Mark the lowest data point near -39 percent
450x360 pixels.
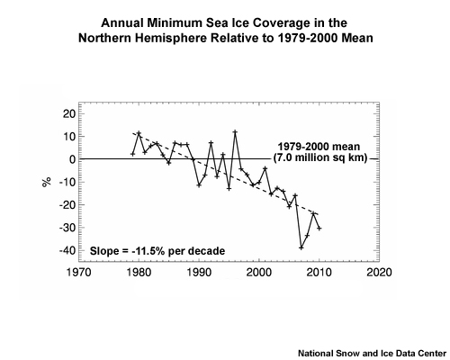301,247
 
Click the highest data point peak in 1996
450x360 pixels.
235,132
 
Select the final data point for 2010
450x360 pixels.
319,229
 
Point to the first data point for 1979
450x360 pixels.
132,154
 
